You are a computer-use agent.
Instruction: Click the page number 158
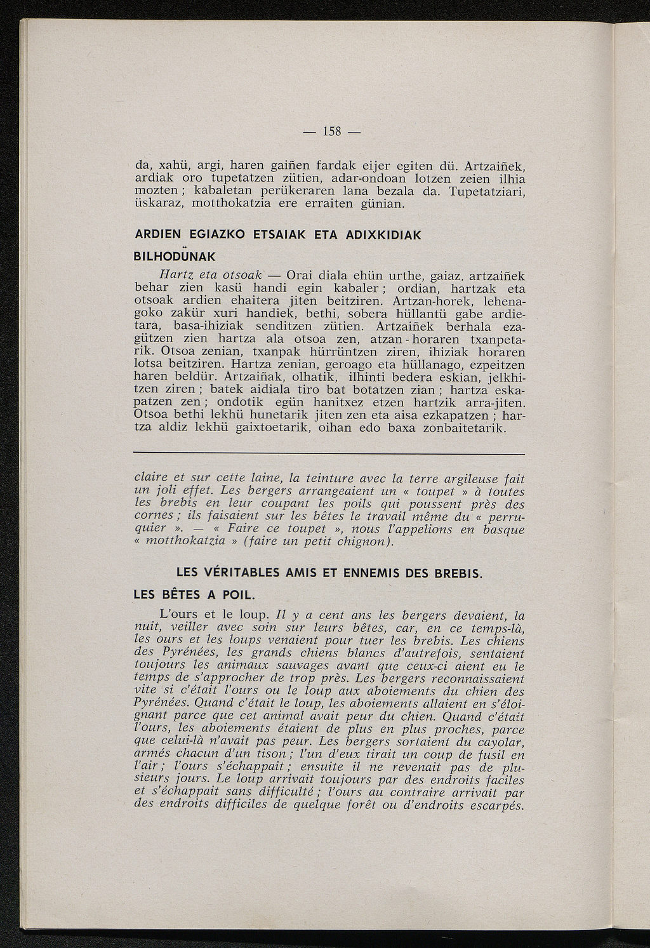[x=333, y=131]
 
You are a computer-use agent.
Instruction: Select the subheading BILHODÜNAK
[x=176, y=257]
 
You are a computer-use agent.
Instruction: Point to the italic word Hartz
[x=163, y=276]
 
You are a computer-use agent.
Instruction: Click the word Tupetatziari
[x=488, y=191]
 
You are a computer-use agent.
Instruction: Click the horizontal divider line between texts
[x=329, y=455]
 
